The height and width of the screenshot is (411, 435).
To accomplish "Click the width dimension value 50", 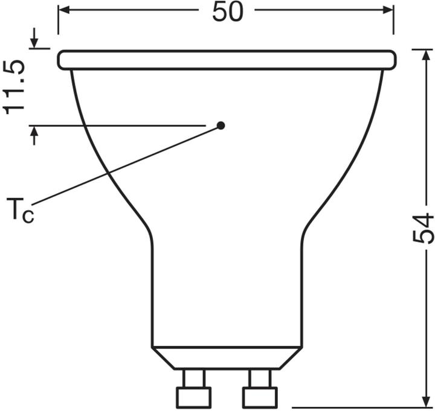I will tap(227, 12).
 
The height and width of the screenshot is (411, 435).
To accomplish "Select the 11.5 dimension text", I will tap(16, 86).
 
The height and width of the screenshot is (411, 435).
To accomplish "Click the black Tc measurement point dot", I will tap(221, 126).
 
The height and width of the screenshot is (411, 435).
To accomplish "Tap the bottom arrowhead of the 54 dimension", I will tap(425, 403).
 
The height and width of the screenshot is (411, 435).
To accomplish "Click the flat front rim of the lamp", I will tap(227, 60).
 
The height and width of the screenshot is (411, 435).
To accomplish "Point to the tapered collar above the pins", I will tap(227, 357).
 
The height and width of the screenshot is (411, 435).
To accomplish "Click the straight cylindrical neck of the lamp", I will tap(227, 290).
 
